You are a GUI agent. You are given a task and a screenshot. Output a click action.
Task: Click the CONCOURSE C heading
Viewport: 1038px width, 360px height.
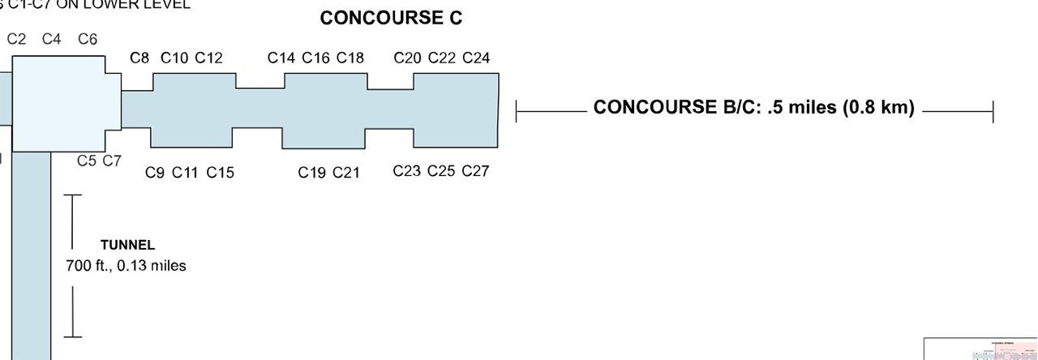[x=391, y=19]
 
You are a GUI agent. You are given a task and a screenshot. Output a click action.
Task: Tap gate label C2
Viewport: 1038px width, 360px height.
[x=16, y=39]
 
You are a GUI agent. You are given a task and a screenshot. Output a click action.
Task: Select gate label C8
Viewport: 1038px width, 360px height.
[x=139, y=58]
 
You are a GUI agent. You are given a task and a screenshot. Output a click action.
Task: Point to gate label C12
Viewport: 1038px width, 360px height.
[x=208, y=58]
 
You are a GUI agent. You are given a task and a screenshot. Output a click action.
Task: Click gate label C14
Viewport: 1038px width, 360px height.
[x=281, y=58]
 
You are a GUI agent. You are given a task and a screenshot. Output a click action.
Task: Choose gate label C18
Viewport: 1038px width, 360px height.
[x=350, y=58]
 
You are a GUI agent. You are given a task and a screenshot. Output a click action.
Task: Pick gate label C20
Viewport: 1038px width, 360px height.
[x=407, y=58]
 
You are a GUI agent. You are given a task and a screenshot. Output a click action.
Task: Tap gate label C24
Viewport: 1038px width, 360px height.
[x=476, y=58]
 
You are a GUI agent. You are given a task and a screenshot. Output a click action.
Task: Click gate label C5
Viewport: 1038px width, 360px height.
[x=87, y=161]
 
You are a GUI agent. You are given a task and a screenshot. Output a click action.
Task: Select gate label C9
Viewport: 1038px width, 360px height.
[x=155, y=172]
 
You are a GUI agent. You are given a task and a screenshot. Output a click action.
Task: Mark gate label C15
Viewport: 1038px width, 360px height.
[x=220, y=172]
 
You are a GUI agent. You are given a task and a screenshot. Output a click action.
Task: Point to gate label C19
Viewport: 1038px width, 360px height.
[x=311, y=172]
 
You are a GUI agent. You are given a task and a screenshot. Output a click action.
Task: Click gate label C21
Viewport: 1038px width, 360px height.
[x=346, y=172]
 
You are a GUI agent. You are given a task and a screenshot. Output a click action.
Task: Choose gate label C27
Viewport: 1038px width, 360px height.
[x=476, y=171]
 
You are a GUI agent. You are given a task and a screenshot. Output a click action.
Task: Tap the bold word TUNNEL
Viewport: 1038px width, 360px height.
[x=127, y=245]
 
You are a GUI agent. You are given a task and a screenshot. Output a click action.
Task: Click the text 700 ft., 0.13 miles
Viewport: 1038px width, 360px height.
[x=126, y=265]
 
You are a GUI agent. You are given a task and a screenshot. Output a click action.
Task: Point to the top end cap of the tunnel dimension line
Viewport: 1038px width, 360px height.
[x=73, y=195]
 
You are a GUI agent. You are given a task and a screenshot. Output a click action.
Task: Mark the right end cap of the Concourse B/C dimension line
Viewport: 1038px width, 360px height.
[x=993, y=112]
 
